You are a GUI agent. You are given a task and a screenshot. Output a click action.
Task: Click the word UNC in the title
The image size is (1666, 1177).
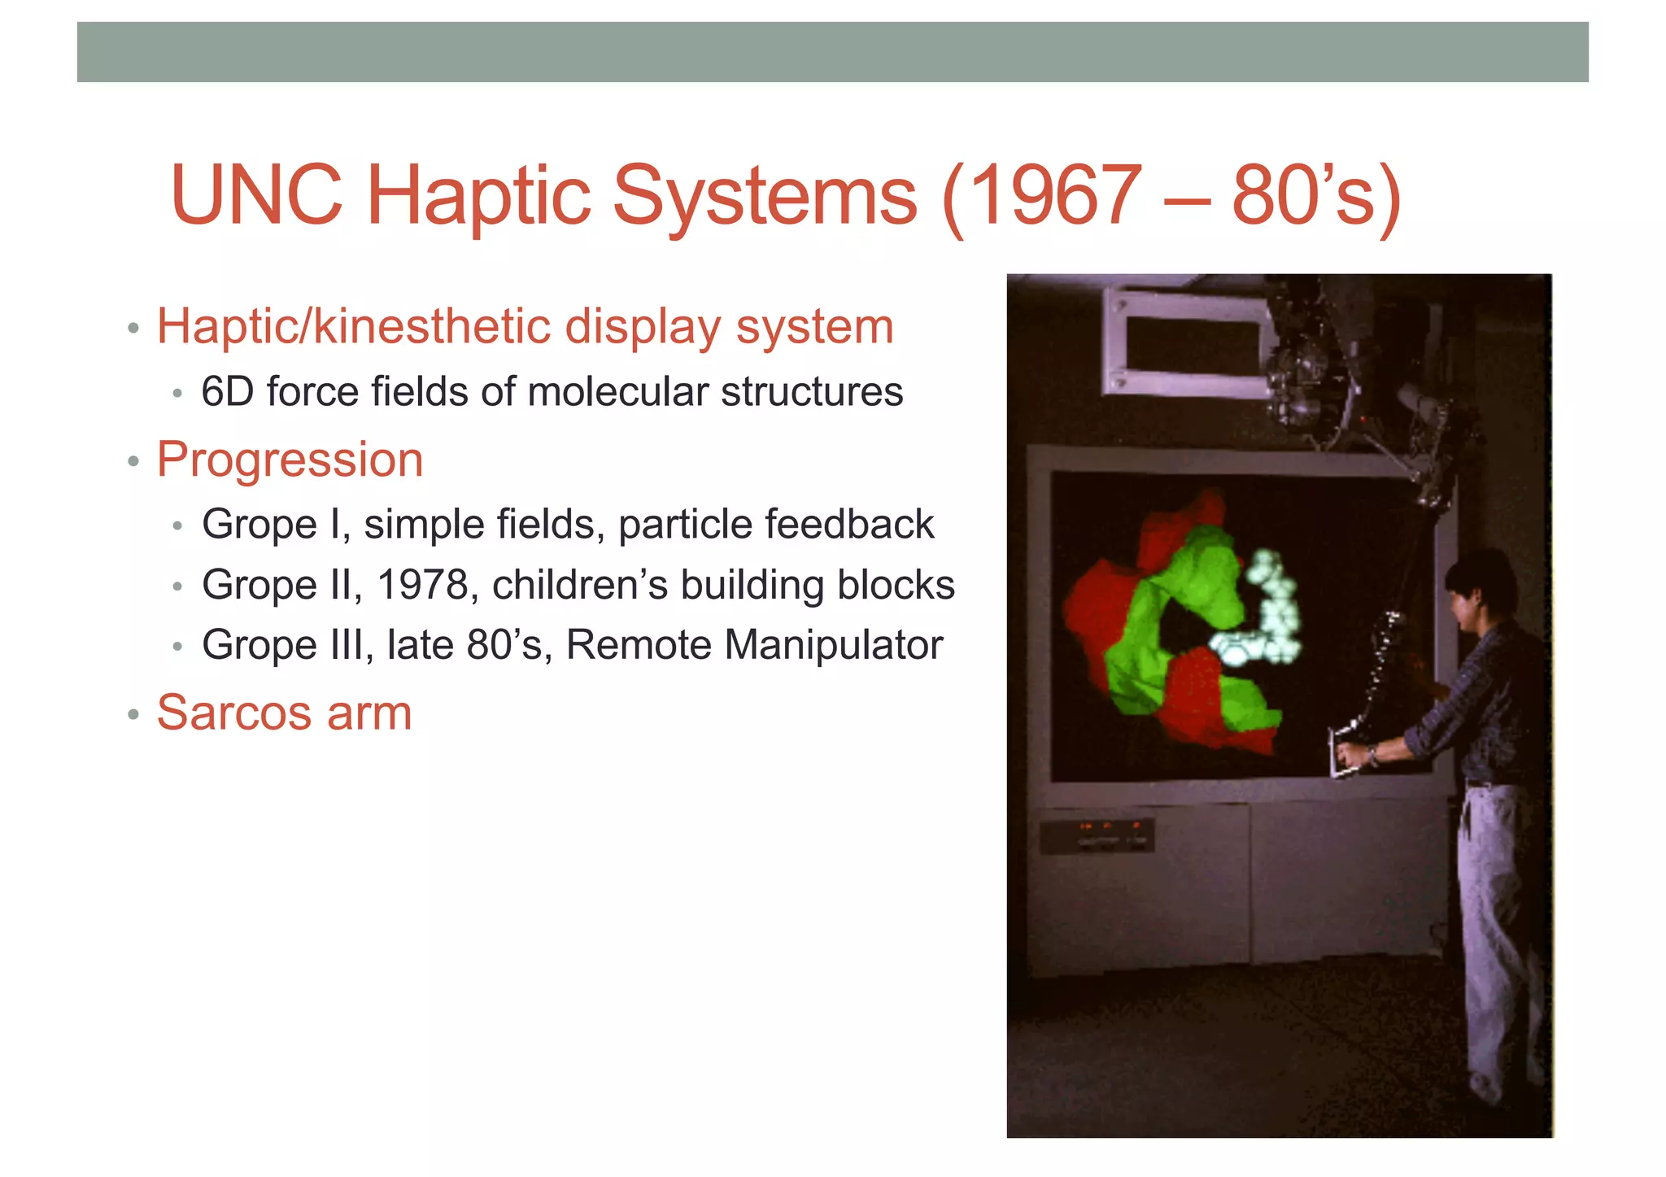point(256,196)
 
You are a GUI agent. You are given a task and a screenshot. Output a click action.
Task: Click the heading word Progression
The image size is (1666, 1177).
point(290,460)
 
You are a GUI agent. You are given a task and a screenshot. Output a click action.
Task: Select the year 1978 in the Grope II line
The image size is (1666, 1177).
point(423,585)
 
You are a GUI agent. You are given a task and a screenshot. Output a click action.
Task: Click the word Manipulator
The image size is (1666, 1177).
point(834,645)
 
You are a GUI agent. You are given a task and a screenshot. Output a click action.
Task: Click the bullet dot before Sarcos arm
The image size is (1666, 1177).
point(133,716)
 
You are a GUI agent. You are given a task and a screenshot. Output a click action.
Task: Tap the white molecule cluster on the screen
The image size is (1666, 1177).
point(1266,610)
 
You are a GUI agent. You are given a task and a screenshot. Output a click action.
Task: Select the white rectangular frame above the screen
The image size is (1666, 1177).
point(1184,342)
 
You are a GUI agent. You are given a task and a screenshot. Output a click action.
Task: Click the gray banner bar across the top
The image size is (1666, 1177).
point(832,52)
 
